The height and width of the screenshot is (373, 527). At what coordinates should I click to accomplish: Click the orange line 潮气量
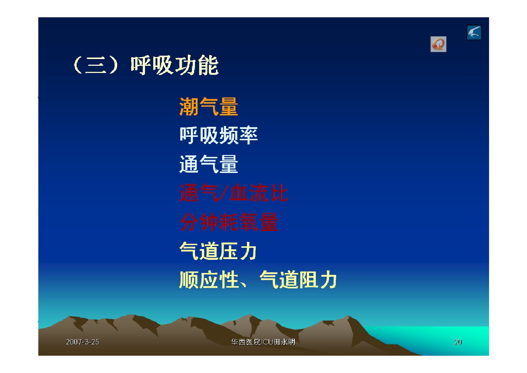tap(208, 107)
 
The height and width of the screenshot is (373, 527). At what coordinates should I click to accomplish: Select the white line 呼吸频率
tap(219, 135)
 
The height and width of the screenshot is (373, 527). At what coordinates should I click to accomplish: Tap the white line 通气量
tap(208, 164)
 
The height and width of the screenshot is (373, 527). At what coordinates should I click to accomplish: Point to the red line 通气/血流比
tap(233, 193)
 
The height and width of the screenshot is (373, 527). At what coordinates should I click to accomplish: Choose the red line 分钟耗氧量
tap(229, 222)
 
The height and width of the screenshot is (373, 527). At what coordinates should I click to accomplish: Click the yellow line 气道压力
tap(218, 251)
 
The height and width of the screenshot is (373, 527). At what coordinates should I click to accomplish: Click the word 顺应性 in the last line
tap(209, 280)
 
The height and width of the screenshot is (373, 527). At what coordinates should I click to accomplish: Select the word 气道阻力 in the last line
tap(298, 280)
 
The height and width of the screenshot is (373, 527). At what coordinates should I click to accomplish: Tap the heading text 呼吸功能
tap(175, 65)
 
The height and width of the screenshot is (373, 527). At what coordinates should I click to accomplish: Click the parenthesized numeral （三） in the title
tap(96, 65)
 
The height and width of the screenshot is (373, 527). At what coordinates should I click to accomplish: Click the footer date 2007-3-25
tap(83, 342)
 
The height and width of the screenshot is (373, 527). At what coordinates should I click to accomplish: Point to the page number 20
tap(458, 342)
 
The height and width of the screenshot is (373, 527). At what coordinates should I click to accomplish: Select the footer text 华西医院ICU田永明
tap(263, 342)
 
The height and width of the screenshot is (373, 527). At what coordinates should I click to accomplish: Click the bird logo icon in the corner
tap(474, 32)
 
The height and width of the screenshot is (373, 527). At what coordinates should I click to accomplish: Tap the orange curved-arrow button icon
tap(438, 44)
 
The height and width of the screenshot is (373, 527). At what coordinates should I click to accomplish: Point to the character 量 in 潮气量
tap(228, 107)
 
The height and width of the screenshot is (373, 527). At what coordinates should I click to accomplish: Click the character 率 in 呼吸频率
tap(248, 135)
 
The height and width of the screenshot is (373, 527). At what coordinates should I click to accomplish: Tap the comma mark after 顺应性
tap(243, 285)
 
